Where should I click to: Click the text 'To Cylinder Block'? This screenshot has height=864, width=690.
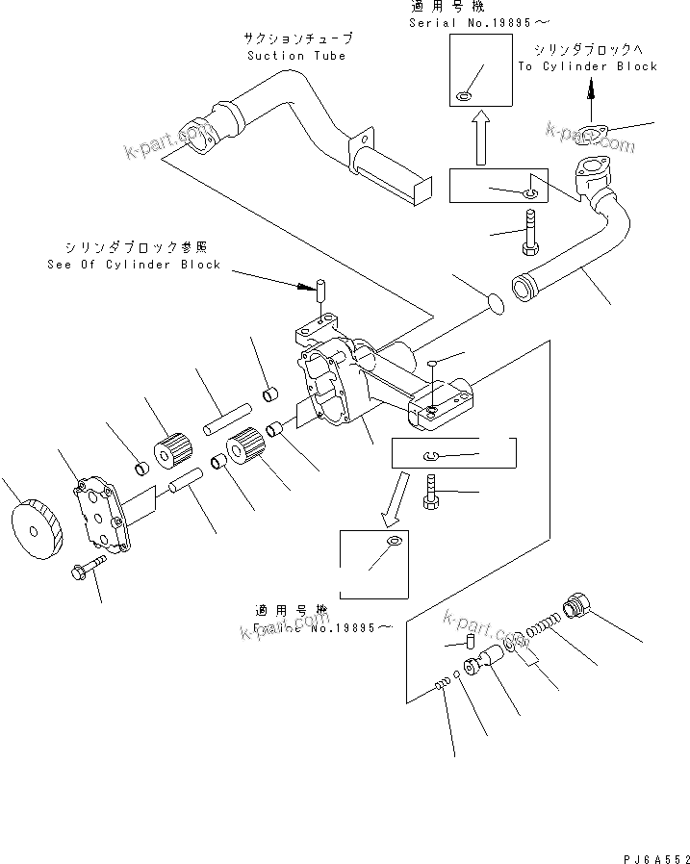587,66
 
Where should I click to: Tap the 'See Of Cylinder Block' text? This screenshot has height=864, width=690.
134,265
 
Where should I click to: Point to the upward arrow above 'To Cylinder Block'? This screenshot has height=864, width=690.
591,89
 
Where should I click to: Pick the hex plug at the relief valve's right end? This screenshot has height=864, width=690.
583,607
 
